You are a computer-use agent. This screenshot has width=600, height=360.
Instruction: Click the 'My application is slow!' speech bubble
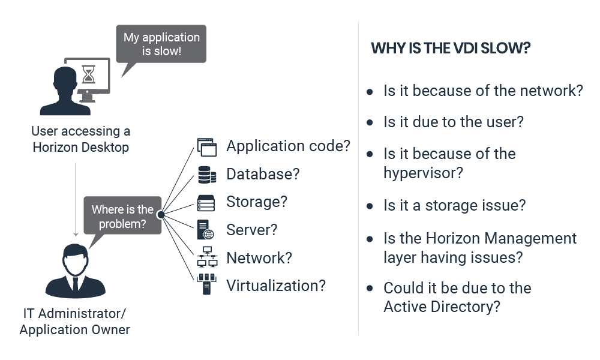coord(161,44)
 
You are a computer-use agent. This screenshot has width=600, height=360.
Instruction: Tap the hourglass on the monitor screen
coord(88,74)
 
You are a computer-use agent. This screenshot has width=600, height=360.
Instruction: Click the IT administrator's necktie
coord(76,285)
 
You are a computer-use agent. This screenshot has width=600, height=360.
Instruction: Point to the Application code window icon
coord(206,147)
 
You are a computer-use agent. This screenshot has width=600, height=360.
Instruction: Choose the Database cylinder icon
coord(206,175)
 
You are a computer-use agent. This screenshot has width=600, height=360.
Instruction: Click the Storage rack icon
coord(206,203)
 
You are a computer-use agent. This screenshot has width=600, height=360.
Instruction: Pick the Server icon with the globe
coord(205,230)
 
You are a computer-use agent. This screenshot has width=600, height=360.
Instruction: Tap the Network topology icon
coord(207,257)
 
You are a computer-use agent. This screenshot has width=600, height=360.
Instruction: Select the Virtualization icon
coord(206,284)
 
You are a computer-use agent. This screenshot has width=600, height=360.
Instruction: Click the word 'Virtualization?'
coord(276,286)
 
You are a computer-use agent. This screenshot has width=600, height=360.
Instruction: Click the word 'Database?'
coord(263,174)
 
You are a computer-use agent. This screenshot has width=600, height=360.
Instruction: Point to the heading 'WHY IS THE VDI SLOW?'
coord(451,48)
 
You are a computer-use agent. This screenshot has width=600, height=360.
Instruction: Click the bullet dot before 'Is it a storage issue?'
coord(370,206)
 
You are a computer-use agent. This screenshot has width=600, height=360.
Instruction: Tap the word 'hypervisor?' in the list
coord(423,173)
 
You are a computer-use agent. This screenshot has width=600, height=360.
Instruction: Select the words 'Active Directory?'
coord(442,307)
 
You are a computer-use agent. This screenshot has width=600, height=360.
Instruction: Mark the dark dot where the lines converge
coord(161,215)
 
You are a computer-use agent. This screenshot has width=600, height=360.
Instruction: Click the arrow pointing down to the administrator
coord(76,200)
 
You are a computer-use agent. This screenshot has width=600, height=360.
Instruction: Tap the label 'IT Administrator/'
coord(74,313)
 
